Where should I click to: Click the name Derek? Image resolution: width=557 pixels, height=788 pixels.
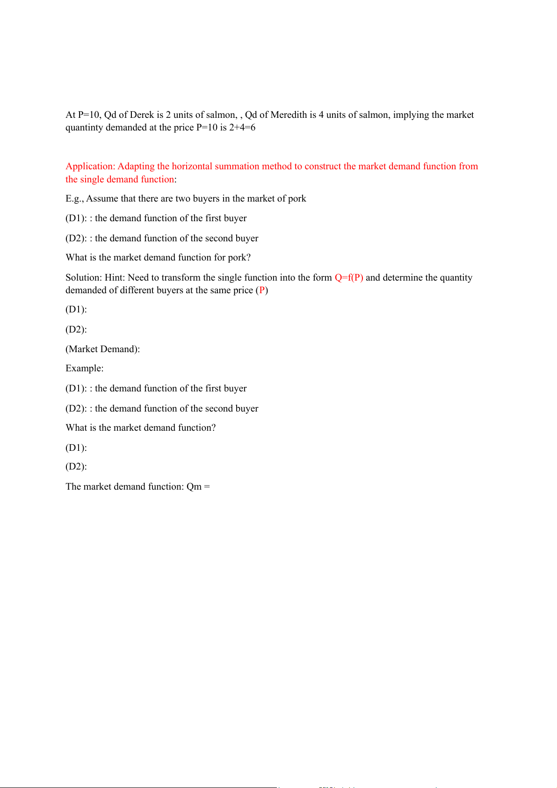(142, 115)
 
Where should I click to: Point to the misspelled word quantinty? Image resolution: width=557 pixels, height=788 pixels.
(84, 128)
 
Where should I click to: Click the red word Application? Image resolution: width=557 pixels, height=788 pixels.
(90, 166)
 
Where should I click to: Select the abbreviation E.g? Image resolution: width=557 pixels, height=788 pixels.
(74, 199)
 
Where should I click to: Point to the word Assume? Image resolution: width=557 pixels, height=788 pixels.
(102, 199)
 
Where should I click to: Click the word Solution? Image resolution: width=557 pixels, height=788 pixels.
(83, 278)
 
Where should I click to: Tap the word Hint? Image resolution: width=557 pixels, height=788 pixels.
(115, 278)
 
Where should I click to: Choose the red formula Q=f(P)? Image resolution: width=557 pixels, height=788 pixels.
(349, 278)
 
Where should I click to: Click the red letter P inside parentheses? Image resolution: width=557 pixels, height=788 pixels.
(262, 290)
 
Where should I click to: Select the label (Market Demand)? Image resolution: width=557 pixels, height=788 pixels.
(103, 349)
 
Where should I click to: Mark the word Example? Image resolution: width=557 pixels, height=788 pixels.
(85, 369)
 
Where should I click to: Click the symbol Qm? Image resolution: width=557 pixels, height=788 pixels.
(194, 487)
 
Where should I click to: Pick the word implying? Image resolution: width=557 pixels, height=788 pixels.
(407, 115)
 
